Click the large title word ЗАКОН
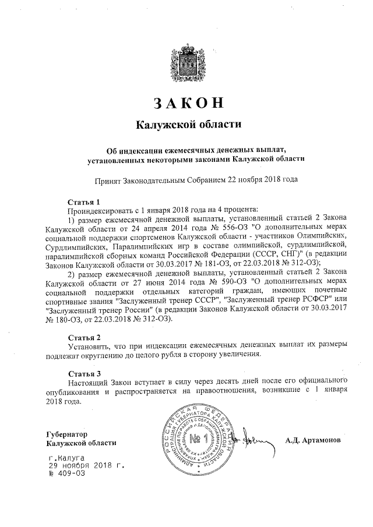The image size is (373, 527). (x=188, y=102)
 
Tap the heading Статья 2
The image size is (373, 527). (x=85, y=337)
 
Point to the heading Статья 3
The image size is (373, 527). (x=85, y=373)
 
